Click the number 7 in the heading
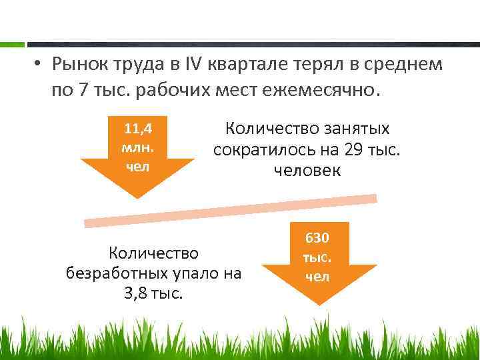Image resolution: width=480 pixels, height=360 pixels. click(83, 89)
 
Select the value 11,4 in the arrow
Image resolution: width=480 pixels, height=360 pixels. click(137, 127)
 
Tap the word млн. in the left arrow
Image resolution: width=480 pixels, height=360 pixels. click(137, 146)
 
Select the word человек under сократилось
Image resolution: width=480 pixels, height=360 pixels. click(307, 171)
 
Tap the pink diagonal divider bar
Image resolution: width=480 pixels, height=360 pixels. click(230, 209)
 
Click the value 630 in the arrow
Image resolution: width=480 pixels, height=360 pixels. click(317, 238)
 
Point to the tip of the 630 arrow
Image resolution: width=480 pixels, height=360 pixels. click(319, 304)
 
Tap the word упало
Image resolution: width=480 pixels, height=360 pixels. click(196, 273)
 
